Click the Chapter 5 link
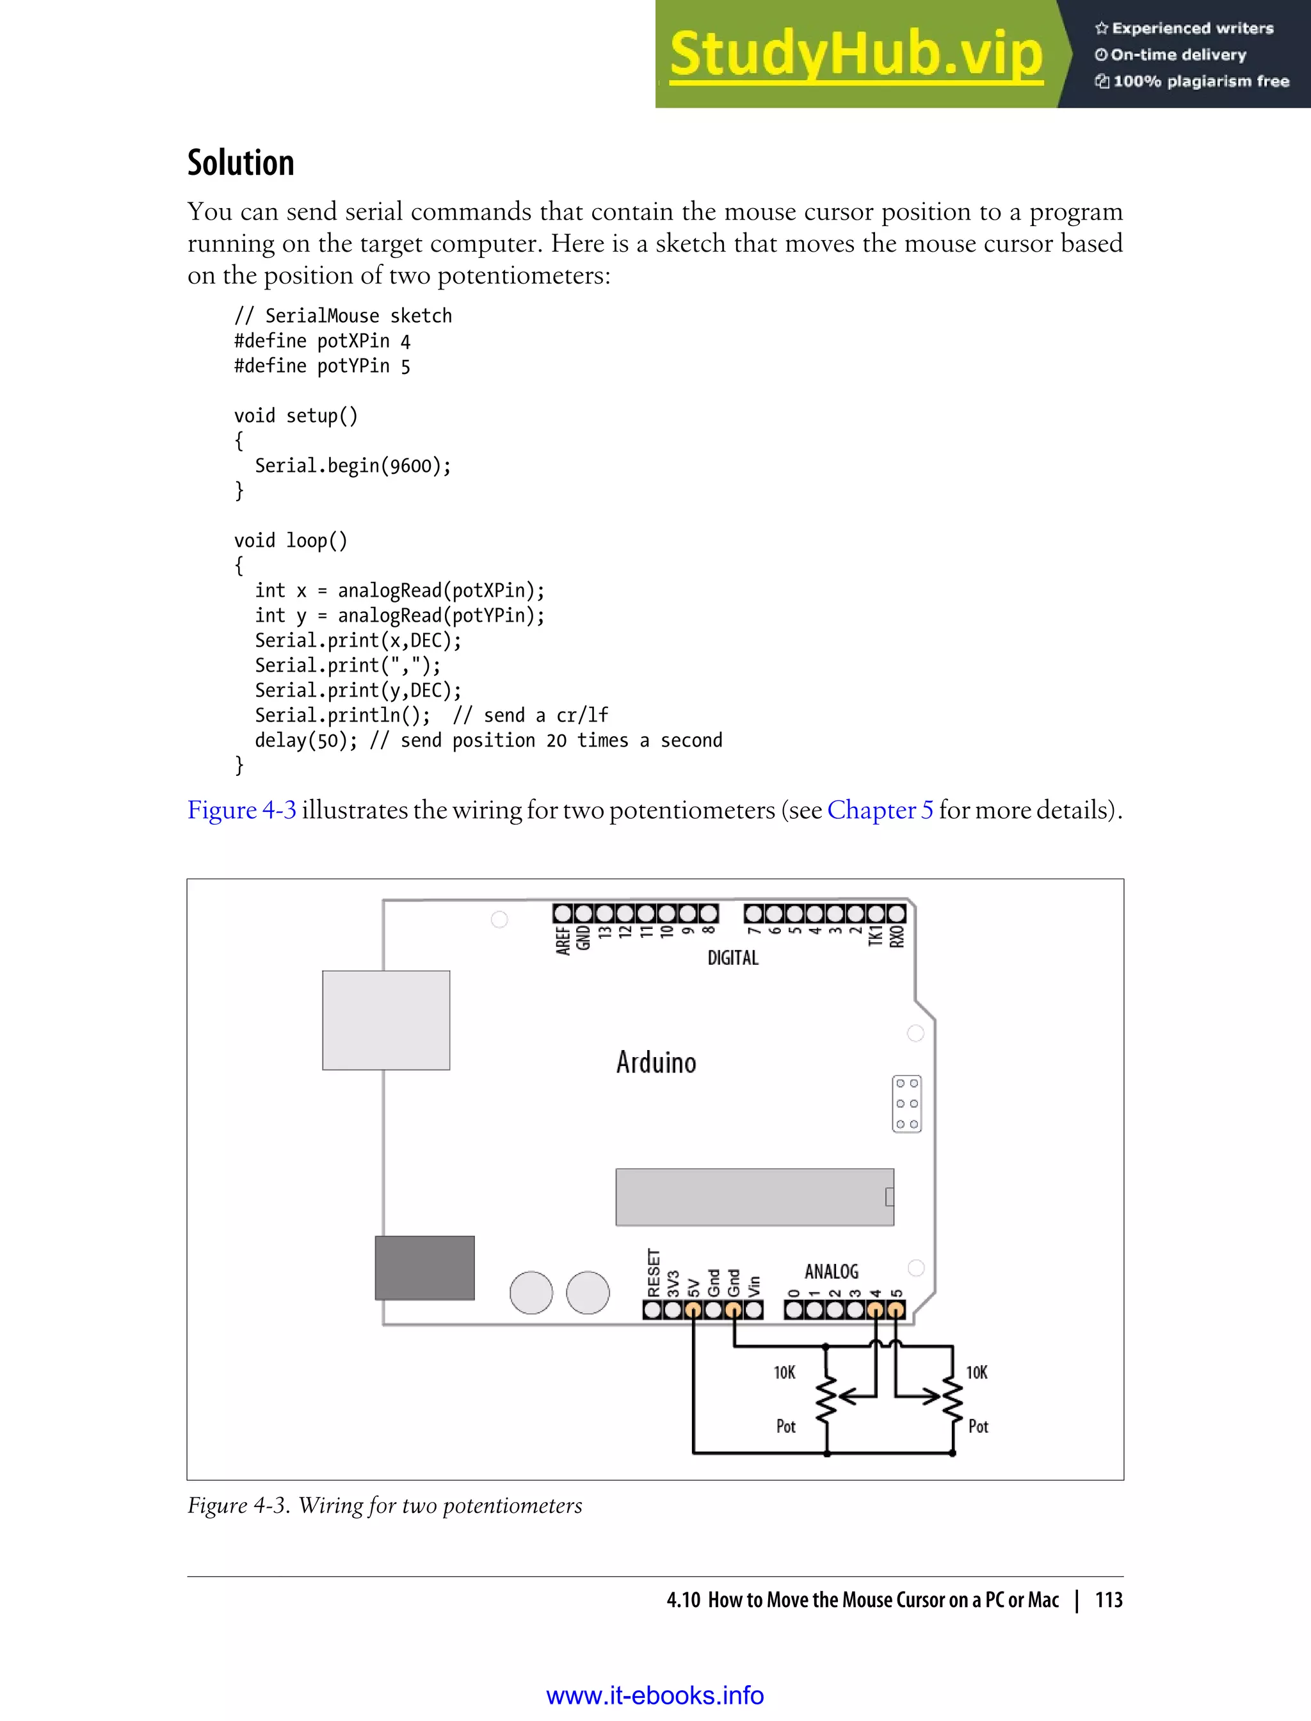[880, 810]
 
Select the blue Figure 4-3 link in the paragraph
[242, 810]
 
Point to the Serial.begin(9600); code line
[353, 466]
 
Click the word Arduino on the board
[655, 1062]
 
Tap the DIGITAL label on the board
[733, 958]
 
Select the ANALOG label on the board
[831, 1272]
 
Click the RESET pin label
[653, 1273]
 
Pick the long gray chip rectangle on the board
[754, 1197]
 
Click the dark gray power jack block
[424, 1268]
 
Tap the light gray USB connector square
[385, 1020]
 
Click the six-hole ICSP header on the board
[907, 1104]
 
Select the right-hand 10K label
[976, 1373]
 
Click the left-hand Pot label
[785, 1426]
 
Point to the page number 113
[1108, 1599]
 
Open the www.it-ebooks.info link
[655, 1695]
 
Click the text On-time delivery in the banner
[1178, 54]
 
